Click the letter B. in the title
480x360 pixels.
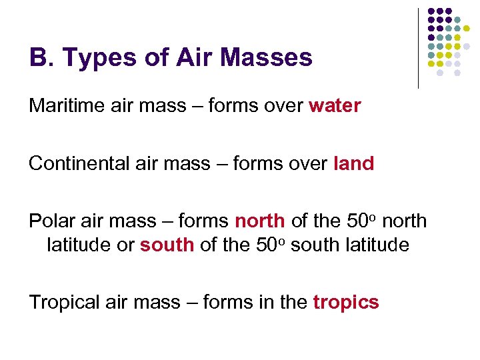pyautogui.click(x=41, y=58)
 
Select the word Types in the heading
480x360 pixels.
pyautogui.click(x=93, y=58)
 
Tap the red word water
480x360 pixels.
pyautogui.click(x=335, y=106)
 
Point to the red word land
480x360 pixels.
pyautogui.click(x=353, y=164)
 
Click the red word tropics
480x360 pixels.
pyautogui.click(x=345, y=303)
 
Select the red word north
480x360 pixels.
pyautogui.click(x=260, y=221)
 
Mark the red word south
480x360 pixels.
pyautogui.click(x=167, y=245)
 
